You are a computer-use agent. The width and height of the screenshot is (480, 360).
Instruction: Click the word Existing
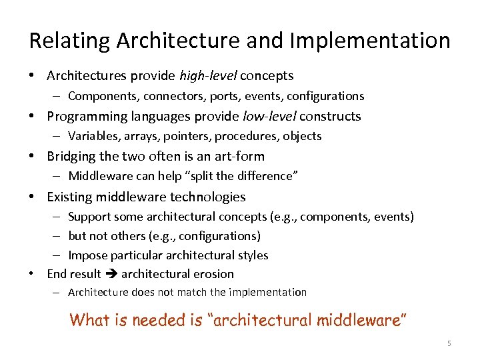[x=70, y=197]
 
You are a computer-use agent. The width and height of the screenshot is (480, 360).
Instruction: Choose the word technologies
[x=208, y=197]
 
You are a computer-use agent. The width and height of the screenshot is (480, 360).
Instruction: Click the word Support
[x=90, y=217]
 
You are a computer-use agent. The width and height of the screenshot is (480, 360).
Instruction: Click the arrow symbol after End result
[x=111, y=274]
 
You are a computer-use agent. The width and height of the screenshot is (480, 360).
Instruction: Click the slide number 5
[x=449, y=343]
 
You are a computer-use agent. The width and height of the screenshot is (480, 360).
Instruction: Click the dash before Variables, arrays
[x=58, y=136]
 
